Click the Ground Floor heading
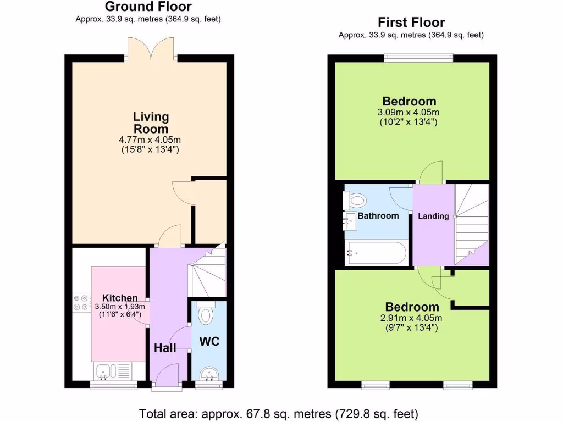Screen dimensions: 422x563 click(148, 7)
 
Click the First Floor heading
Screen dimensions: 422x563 click(411, 23)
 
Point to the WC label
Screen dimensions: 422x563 click(209, 342)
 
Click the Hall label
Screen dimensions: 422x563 click(165, 348)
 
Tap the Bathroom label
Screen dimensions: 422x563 click(378, 216)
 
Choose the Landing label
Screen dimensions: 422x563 click(433, 216)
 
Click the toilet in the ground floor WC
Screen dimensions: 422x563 click(206, 314)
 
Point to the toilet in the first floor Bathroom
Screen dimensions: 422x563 click(355, 200)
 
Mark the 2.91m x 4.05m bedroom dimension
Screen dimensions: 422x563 click(412, 318)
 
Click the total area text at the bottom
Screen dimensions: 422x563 click(279, 413)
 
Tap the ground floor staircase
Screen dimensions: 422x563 click(208, 272)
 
